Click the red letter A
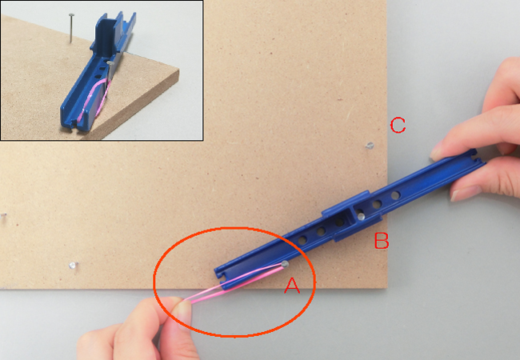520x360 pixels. pos(292,286)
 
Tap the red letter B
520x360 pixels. pos(382,241)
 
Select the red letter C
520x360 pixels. pos(398,126)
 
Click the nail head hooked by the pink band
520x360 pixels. pos(285,264)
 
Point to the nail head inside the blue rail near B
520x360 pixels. pos(361,217)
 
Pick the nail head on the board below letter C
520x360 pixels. pos(370,145)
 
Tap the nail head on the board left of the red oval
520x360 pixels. pos(73,265)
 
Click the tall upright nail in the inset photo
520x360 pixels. pos(71,28)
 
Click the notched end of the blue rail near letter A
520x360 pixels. pos(220,275)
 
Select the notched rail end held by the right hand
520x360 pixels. pos(477,157)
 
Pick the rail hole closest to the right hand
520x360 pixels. pos(395,195)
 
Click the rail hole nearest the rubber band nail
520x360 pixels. pos(302,240)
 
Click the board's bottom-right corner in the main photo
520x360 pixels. pos(386,288)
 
